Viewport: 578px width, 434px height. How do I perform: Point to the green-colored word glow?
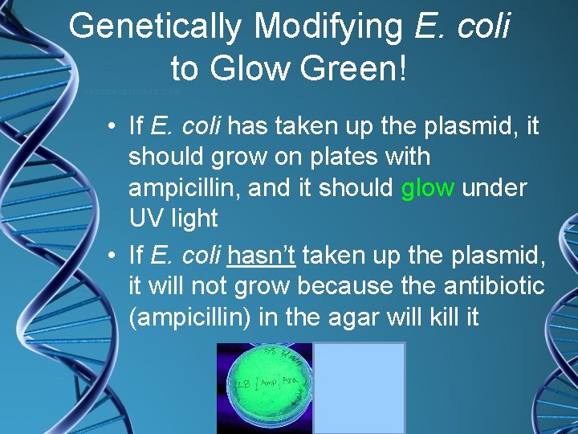click(428, 187)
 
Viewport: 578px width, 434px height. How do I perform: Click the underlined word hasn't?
click(263, 256)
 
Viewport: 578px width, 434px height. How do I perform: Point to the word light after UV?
click(193, 218)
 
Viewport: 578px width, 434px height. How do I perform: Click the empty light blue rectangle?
click(359, 387)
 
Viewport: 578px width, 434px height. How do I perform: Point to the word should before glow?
click(357, 187)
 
